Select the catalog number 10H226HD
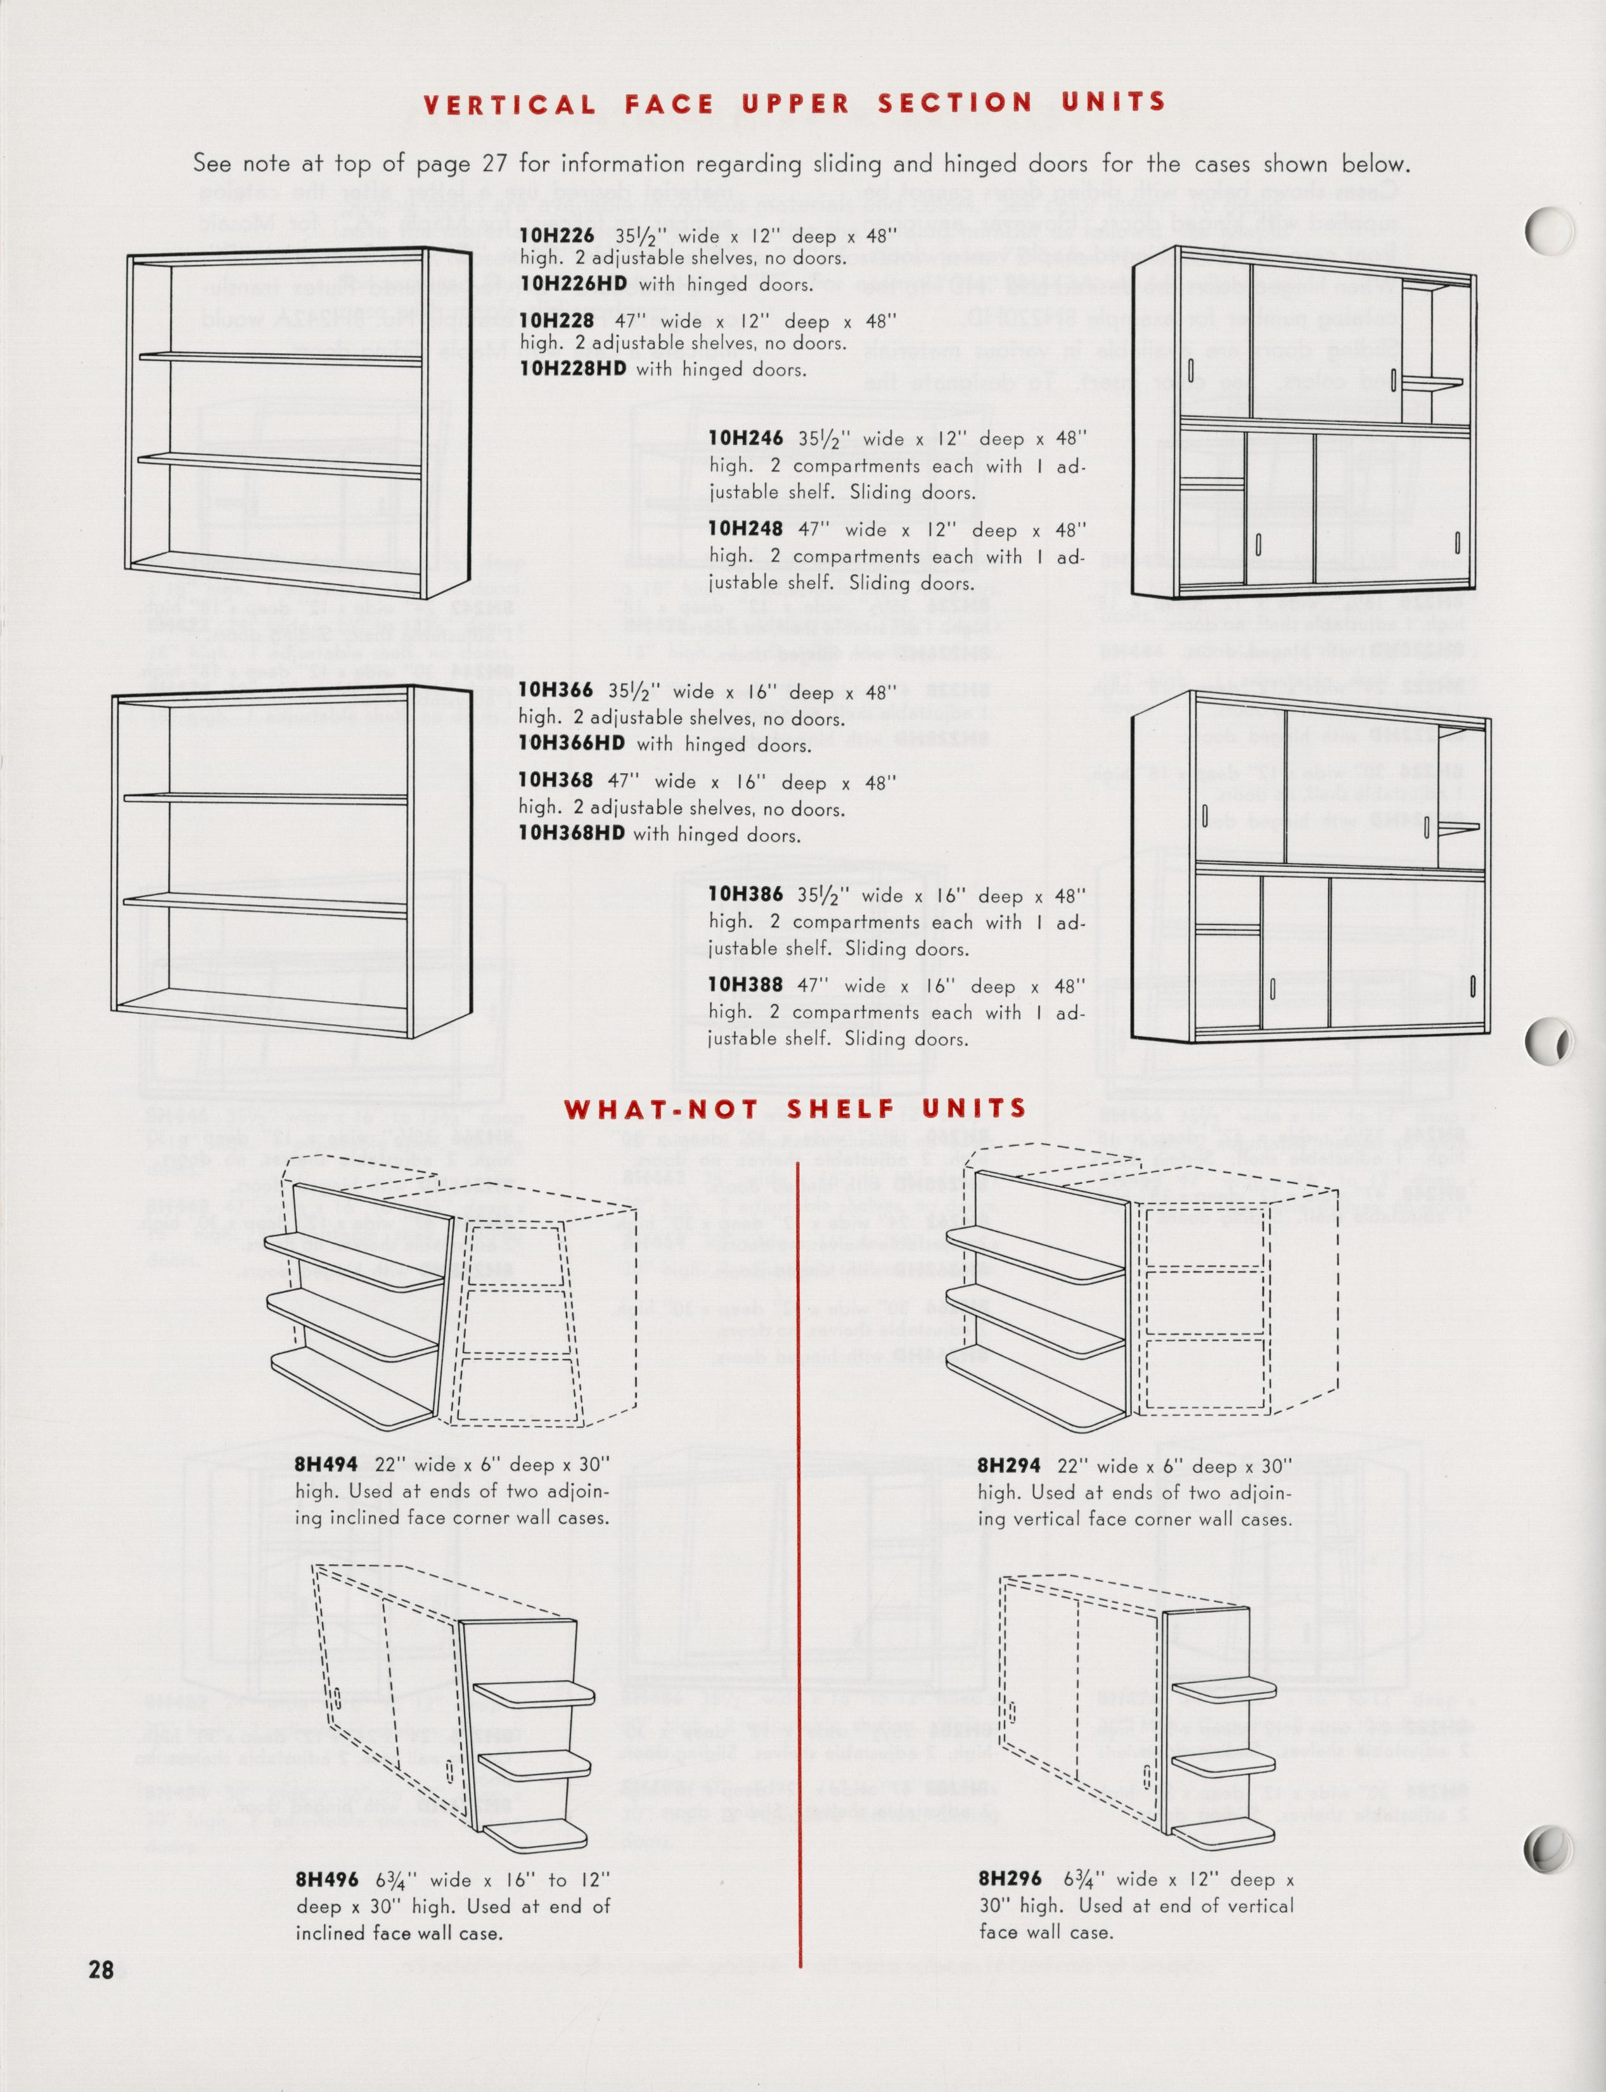[x=572, y=284]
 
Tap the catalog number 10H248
[x=745, y=529]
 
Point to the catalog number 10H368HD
[x=570, y=833]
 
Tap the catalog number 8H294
[x=1008, y=1466]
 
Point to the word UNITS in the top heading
[x=1113, y=101]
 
